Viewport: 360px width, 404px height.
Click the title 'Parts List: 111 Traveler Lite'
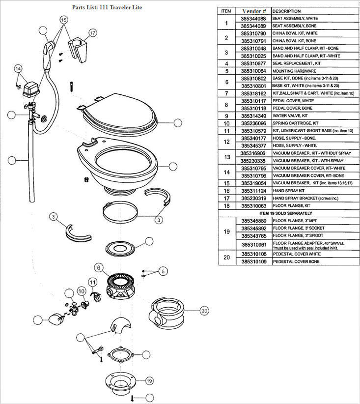coord(107,8)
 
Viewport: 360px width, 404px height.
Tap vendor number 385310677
coord(253,63)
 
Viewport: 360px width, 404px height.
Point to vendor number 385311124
coord(253,190)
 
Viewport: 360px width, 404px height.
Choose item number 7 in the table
coord(226,93)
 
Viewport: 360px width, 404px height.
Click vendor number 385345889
coord(253,221)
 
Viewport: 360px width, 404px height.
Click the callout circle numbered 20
coord(205,310)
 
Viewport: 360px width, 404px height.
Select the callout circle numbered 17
coord(92,33)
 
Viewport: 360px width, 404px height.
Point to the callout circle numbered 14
coord(19,68)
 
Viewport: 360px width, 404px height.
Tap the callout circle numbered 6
coord(99,268)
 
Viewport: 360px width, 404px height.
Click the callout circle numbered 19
coord(149,380)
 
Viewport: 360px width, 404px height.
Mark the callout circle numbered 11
coord(92,282)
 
